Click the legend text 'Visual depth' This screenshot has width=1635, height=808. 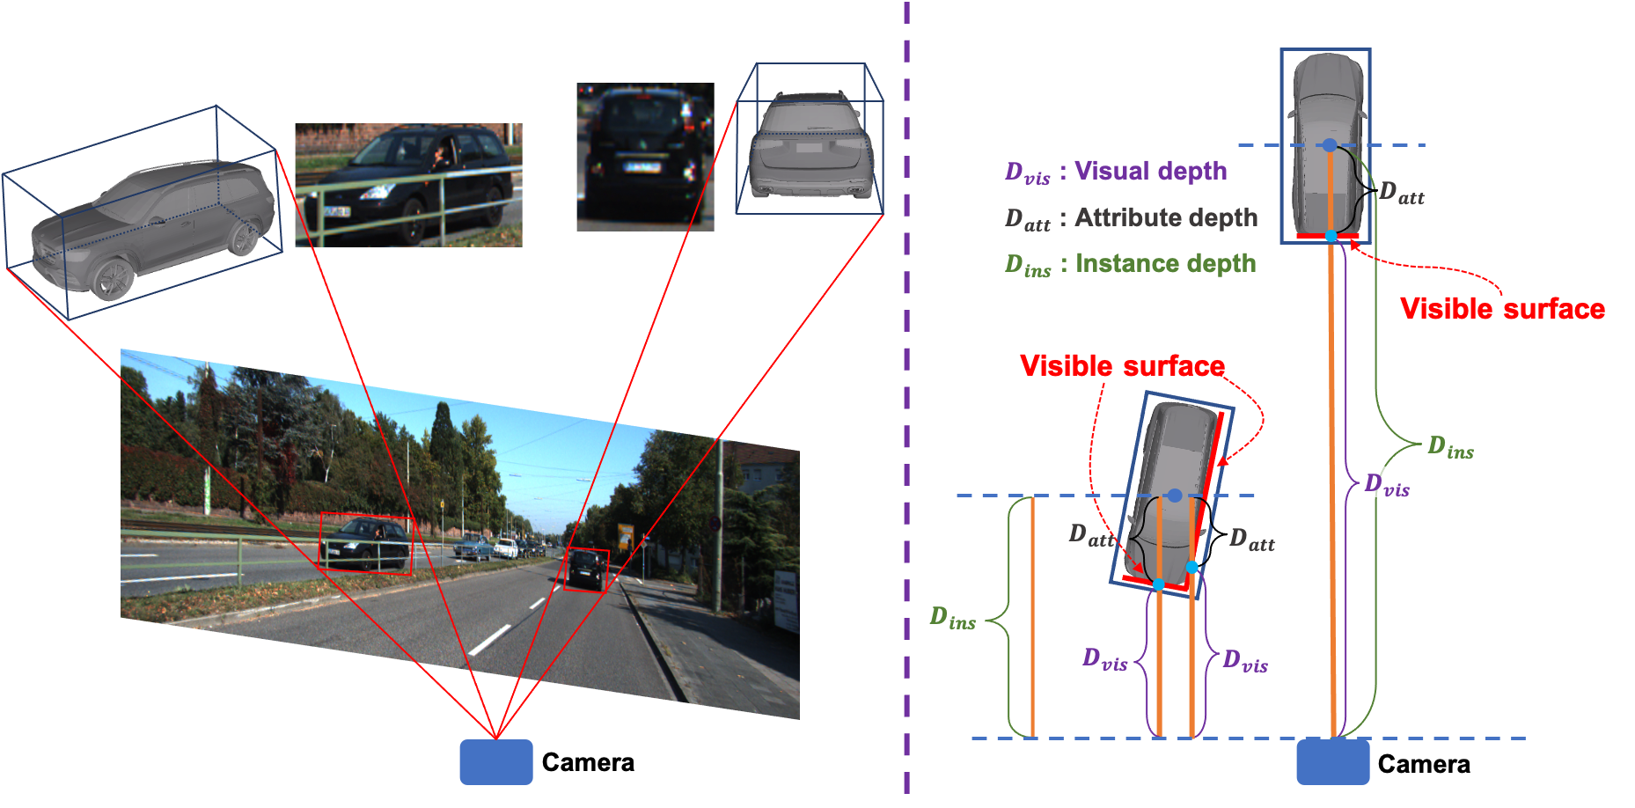coord(1150,171)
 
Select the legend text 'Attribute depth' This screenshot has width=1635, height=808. coord(1166,217)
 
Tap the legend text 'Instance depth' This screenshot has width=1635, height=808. coord(1165,263)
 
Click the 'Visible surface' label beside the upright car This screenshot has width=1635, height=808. coord(1502,309)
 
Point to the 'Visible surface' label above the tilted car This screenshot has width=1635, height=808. coord(1122,365)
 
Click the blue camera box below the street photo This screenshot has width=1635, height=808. coord(496,761)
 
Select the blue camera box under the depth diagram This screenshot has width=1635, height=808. coord(1332,761)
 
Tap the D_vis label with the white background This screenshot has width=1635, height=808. coord(1387,483)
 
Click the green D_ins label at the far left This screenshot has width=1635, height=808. coord(952,618)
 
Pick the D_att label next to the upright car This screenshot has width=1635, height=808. coord(1401,194)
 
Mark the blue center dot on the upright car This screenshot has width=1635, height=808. coord(1330,145)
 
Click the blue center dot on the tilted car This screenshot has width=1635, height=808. coord(1174,496)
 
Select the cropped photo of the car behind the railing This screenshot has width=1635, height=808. coord(408,185)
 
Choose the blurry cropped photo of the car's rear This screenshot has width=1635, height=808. coord(645,158)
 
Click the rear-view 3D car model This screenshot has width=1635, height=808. coord(810,148)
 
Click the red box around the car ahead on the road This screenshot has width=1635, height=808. coord(586,569)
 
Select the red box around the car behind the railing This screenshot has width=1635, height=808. coord(365,543)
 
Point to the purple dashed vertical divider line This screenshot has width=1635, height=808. coord(907,396)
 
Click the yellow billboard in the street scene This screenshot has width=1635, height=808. coord(626,536)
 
